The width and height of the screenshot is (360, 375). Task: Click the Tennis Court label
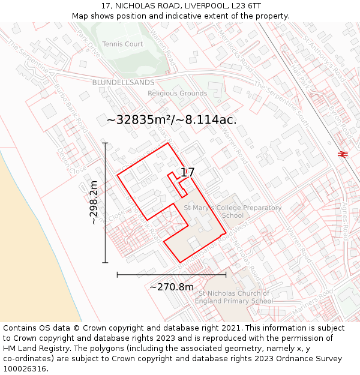click(122, 44)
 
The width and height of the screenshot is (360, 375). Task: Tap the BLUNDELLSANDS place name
click(123, 82)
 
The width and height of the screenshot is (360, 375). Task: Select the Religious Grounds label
click(177, 94)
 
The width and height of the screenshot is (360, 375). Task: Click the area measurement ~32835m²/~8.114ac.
click(172, 120)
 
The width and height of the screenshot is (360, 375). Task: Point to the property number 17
click(187, 172)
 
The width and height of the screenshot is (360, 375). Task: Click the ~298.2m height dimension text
click(94, 202)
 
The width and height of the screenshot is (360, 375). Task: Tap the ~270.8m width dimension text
click(172, 287)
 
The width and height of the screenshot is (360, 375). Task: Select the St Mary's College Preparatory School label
click(233, 212)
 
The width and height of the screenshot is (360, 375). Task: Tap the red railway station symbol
click(343, 154)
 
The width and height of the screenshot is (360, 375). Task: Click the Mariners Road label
click(317, 297)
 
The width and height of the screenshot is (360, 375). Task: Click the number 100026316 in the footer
click(26, 369)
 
